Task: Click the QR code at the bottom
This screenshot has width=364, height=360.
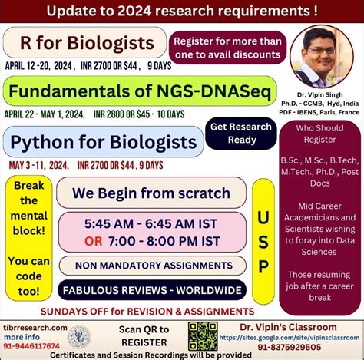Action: pos(203,335)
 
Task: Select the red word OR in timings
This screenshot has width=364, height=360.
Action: pos(94,241)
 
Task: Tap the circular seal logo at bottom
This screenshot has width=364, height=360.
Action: pos(78,336)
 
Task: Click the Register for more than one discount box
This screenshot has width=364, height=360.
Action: pos(227,47)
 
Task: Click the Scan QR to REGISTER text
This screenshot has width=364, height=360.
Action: pos(144,335)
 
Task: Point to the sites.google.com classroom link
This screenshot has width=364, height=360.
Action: pos(290,336)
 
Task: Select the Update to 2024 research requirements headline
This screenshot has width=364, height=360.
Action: pos(182,11)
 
